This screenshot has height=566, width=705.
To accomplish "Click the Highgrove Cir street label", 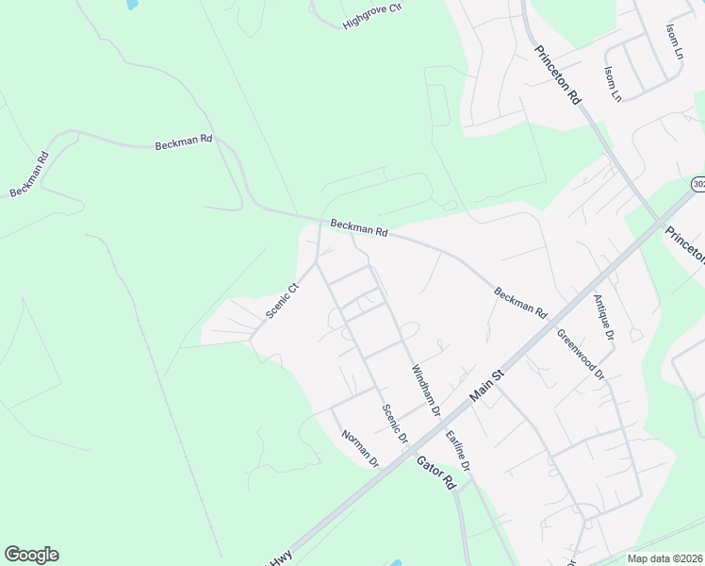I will coord(372,16).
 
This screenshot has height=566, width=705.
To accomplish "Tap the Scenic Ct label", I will coord(282,301).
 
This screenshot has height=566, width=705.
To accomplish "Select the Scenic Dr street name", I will coord(394,424).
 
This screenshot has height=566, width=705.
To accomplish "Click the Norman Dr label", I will coord(359,449).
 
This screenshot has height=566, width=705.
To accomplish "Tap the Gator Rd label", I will coord(437,470).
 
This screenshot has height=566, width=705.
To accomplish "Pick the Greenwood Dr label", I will coord(580,354).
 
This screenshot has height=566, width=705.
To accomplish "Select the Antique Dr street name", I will coord(603,317).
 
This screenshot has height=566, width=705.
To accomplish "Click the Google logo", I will coord(31,555).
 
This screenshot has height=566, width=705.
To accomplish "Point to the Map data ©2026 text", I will coord(664,558).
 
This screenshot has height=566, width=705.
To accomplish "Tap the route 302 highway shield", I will coord(697,184).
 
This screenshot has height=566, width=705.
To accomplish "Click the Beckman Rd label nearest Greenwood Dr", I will coord(521,302).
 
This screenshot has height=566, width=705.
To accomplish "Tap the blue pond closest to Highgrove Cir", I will coord(131,4).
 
